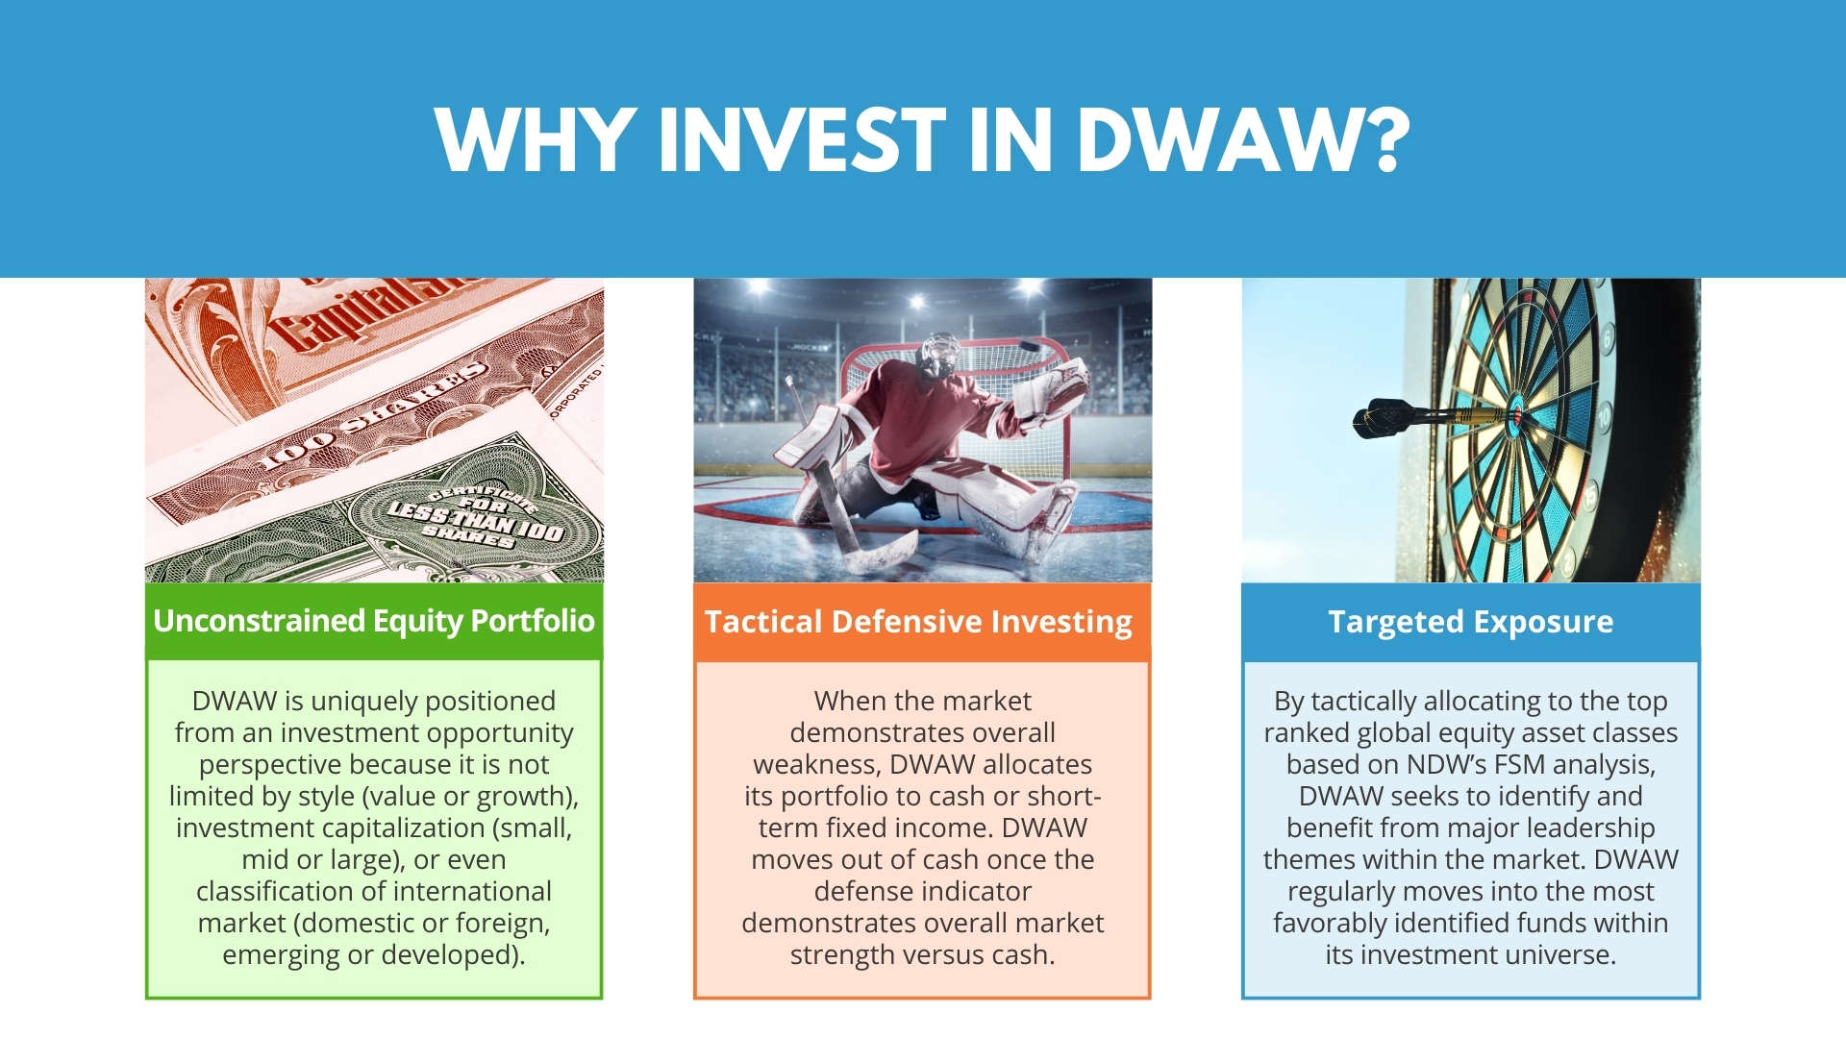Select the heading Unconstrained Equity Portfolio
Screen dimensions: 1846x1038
point(374,621)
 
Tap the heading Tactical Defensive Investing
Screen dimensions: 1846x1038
point(918,622)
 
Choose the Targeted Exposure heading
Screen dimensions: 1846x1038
point(1471,622)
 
